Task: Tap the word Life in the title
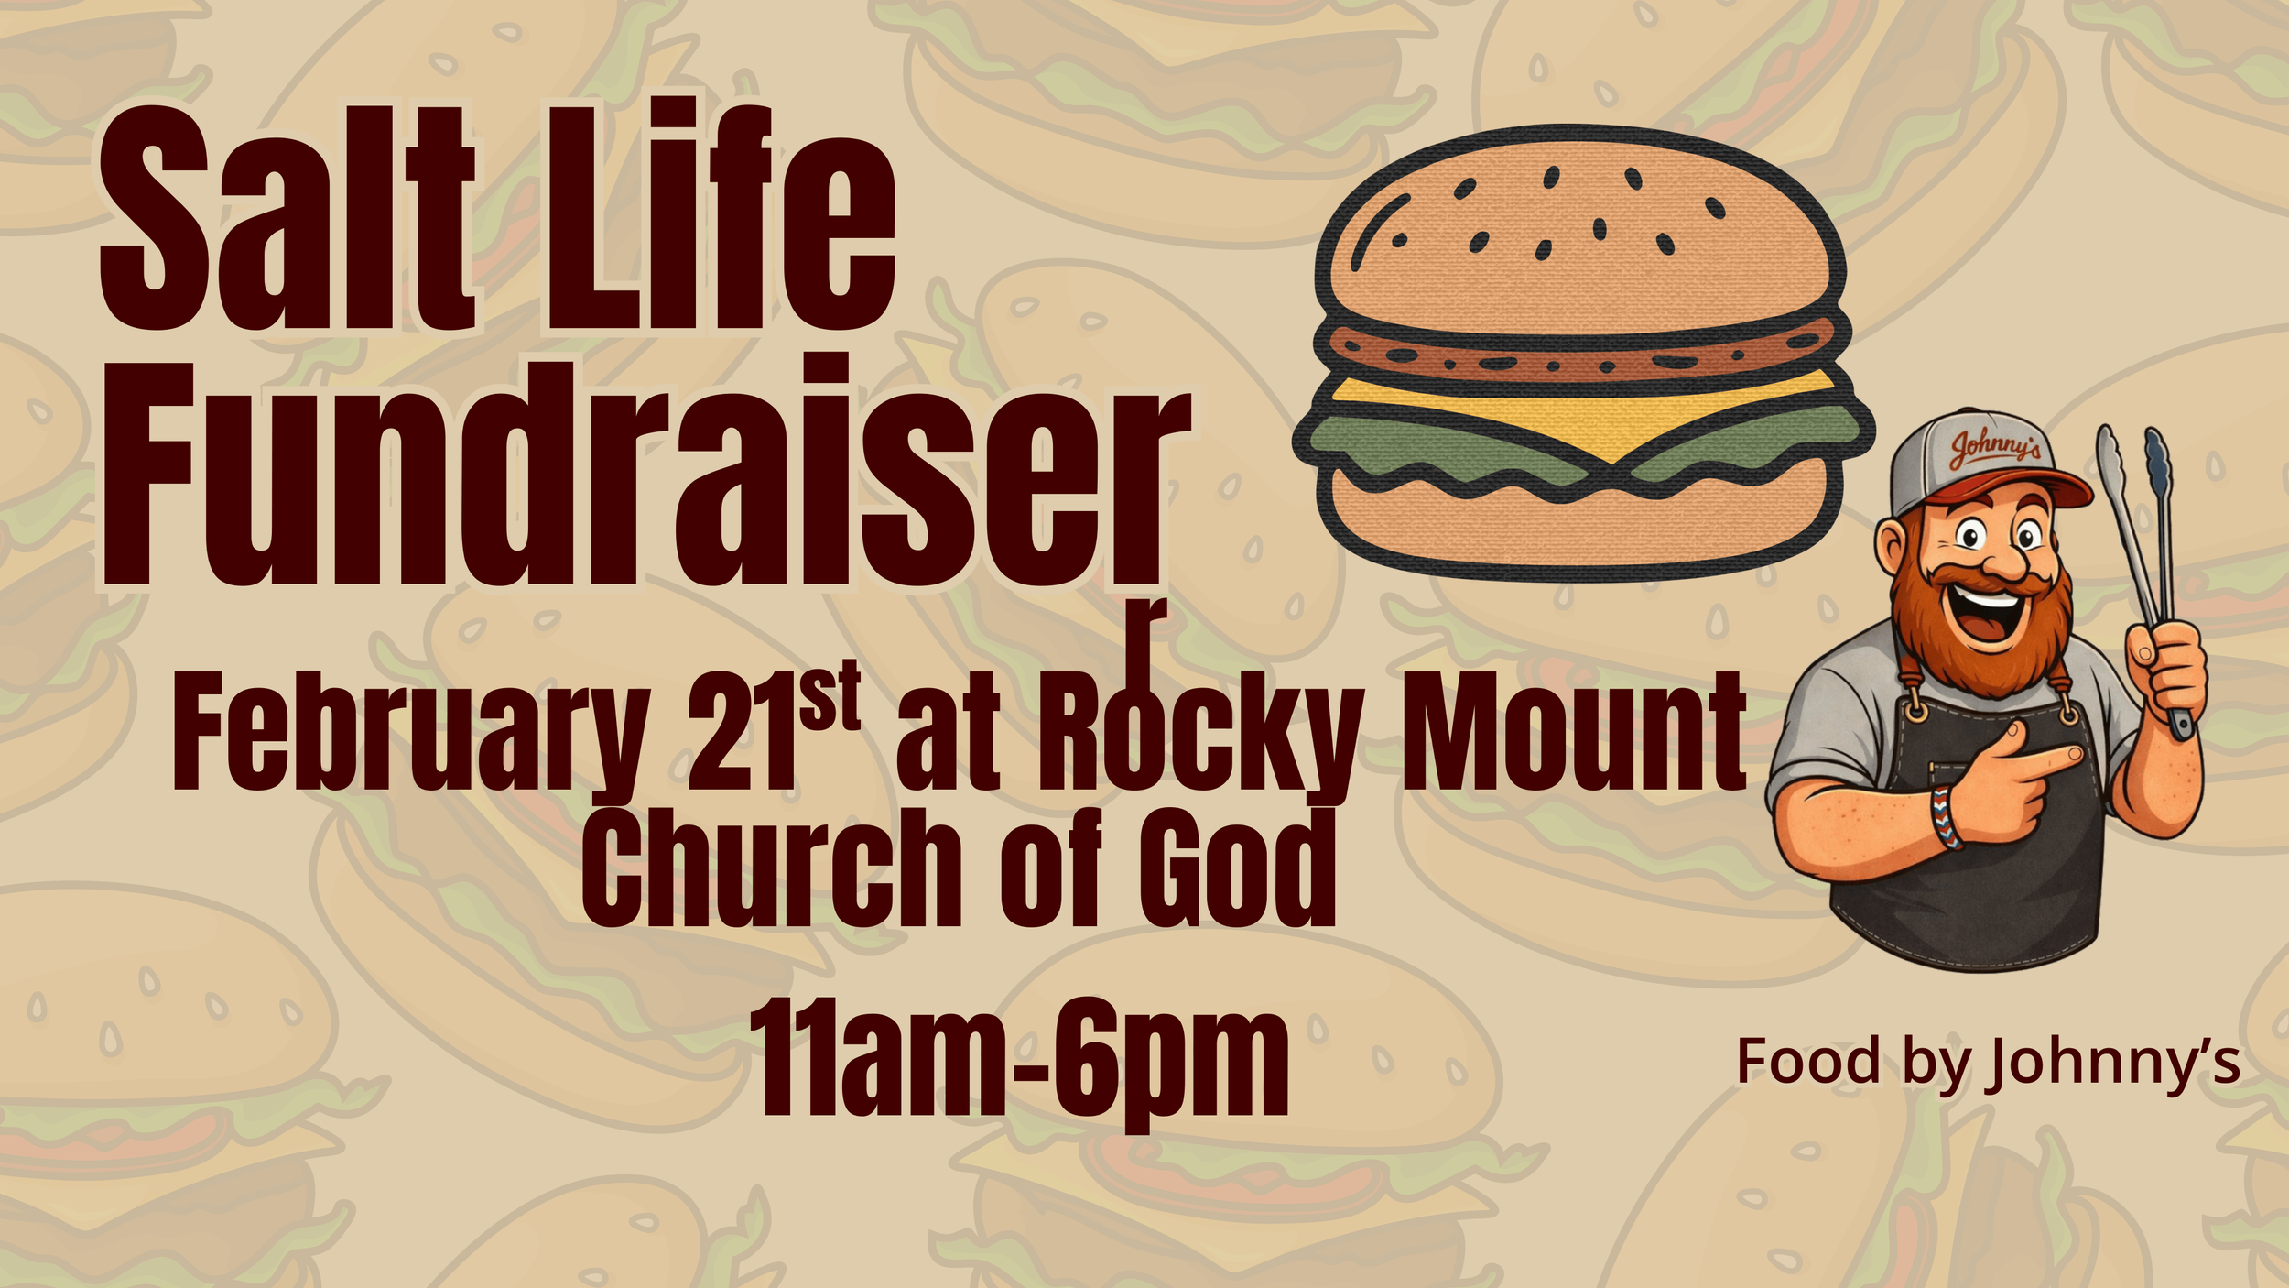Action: pos(719,220)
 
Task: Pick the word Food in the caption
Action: pos(1807,1063)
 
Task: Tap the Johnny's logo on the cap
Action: pos(1995,449)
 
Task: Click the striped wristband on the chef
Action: pos(1946,815)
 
